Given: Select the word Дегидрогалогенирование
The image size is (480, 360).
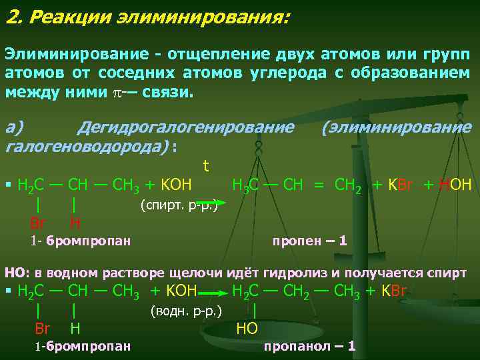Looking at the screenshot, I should tap(185, 127).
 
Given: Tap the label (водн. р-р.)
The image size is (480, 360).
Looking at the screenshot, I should tap(186, 310).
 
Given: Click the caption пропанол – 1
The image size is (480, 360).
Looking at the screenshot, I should tap(309, 346).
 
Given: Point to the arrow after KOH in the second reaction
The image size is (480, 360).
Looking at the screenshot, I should tap(213, 292).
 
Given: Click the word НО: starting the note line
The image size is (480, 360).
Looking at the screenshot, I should tap(17, 272).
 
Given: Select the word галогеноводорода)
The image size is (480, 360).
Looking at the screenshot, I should tap(87, 145).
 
